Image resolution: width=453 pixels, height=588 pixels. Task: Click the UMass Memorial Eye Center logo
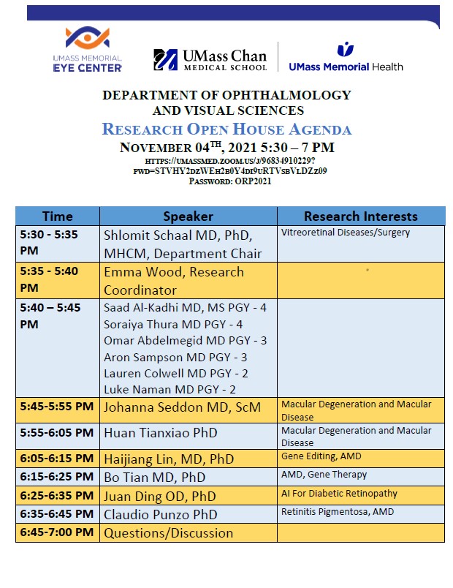click(87, 49)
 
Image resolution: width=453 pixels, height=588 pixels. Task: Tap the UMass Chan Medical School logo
click(210, 59)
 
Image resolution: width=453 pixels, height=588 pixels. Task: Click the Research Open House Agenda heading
click(226, 129)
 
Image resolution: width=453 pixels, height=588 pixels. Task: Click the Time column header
click(57, 216)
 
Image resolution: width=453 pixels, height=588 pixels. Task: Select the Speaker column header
click(188, 216)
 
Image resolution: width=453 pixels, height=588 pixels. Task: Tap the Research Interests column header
click(360, 216)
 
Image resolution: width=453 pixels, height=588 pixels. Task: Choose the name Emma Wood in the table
click(140, 272)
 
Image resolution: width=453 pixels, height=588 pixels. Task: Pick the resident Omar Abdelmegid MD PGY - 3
click(185, 340)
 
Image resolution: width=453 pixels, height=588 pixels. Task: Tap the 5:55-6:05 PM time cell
click(57, 433)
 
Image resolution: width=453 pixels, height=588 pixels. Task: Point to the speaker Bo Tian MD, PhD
click(154, 477)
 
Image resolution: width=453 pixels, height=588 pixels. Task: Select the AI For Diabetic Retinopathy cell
click(339, 494)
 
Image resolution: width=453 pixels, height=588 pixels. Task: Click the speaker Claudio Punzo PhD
click(161, 514)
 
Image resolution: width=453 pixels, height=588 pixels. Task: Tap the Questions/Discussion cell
click(168, 533)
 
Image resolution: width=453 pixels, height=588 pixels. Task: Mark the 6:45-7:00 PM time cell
click(57, 532)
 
